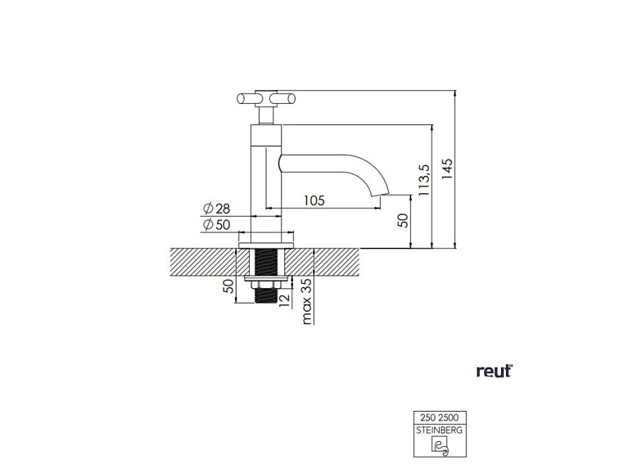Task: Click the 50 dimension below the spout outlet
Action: tap(402, 221)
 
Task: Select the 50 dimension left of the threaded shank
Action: tap(228, 286)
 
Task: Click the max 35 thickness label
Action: tap(307, 301)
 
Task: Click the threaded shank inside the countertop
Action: tap(266, 264)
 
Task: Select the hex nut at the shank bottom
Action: tap(266, 288)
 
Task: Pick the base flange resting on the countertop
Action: tap(266, 244)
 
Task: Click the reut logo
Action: tap(494, 372)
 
